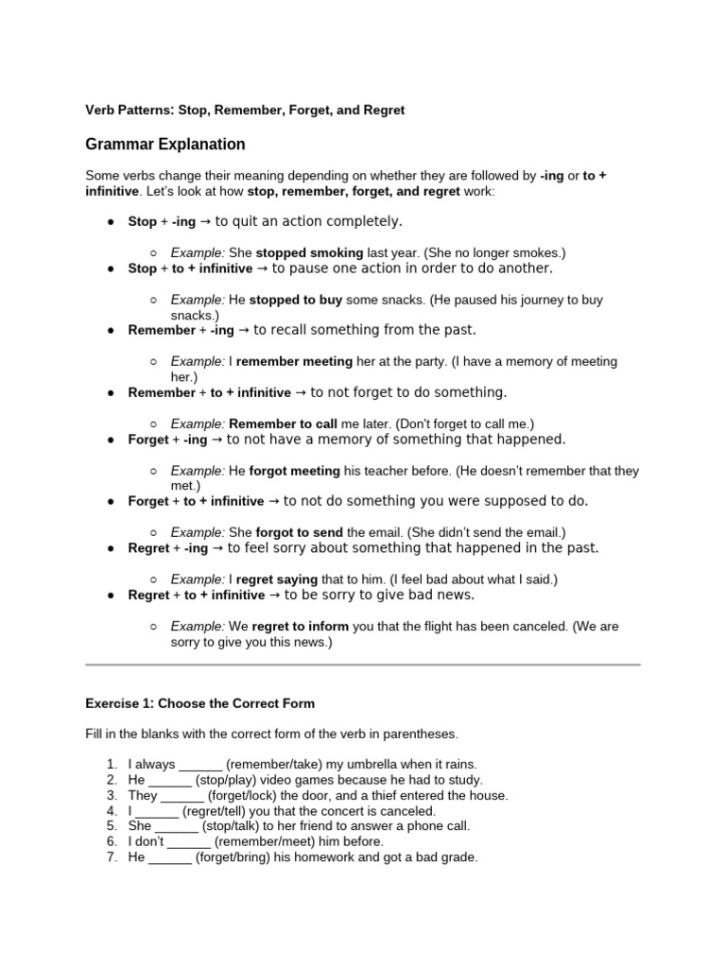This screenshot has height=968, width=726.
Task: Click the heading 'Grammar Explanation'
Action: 165,145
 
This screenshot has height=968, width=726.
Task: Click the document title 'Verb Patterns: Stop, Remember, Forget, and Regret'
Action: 245,110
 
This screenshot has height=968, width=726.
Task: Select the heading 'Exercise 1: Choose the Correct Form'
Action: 200,703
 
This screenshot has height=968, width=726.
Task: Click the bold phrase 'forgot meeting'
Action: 294,471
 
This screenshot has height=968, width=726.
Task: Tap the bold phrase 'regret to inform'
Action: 301,626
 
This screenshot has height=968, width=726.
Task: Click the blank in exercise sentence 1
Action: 200,765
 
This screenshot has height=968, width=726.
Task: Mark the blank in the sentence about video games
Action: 170,780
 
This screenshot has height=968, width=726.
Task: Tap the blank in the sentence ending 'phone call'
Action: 177,826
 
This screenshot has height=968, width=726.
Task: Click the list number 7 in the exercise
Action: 112,857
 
